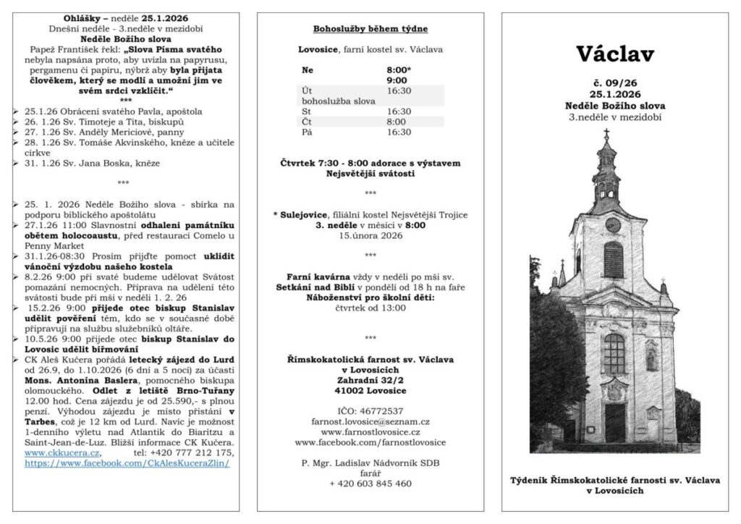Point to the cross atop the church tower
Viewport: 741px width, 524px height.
(606, 135)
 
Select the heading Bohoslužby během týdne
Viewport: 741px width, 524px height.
(370, 29)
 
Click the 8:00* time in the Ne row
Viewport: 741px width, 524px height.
(399, 70)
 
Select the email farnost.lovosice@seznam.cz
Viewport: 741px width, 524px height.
(370, 421)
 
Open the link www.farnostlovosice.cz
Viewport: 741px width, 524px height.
(370, 431)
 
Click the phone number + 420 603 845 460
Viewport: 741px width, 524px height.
(370, 483)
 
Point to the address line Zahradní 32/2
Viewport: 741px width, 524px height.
(370, 379)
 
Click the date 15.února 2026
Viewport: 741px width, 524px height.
(370, 234)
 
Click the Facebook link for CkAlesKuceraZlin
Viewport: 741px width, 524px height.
(127, 463)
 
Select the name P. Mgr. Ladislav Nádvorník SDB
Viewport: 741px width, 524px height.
(370, 462)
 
